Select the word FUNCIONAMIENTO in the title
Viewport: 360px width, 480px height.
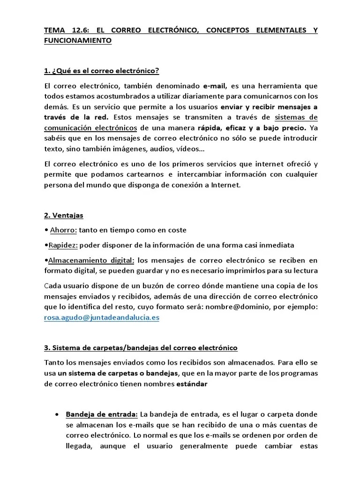[78, 41]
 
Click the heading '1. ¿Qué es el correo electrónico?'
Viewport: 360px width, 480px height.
[102, 71]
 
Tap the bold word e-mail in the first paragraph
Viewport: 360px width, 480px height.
[215, 86]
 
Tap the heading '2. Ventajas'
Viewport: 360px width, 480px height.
[63, 215]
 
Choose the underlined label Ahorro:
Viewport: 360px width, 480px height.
[63, 230]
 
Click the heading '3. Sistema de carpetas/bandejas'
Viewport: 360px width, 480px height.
[141, 347]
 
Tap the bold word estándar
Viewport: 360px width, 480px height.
[191, 384]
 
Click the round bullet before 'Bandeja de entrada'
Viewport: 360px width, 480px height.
[57, 415]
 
